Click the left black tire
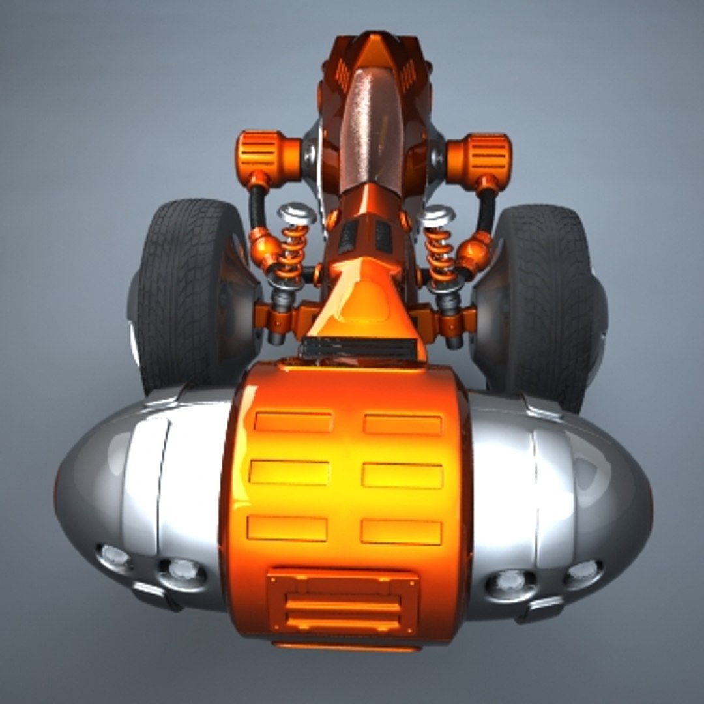tap(189, 293)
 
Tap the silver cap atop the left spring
tap(297, 214)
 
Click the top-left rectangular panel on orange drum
tap(293, 422)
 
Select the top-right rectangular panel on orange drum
tap(403, 424)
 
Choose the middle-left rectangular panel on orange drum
tap(289, 472)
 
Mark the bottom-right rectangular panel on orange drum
tap(401, 532)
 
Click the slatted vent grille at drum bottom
tap(343, 603)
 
